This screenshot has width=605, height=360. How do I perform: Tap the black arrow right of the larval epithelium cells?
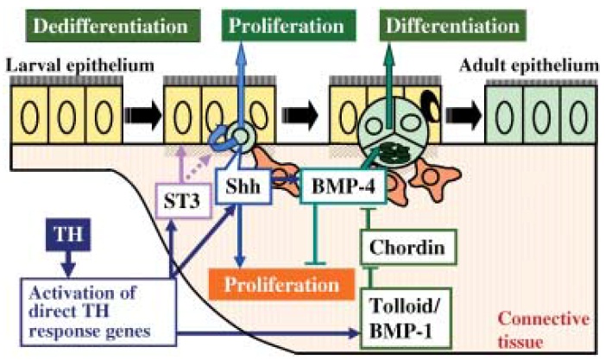[x=142, y=114]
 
